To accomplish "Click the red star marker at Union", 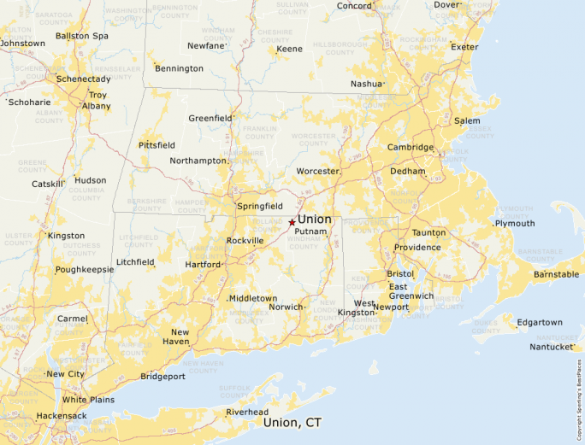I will click(x=292, y=222).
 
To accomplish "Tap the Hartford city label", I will click(x=203, y=265).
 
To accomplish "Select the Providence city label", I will click(x=417, y=248).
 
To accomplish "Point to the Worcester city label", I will click(x=317, y=172).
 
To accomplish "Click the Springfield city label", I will click(x=260, y=207).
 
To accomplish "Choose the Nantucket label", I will click(x=551, y=347).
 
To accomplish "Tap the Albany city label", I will click(x=96, y=106).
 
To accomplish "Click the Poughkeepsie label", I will click(x=84, y=270).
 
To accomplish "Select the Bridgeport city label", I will click(x=162, y=377).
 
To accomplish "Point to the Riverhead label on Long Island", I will click(x=247, y=412).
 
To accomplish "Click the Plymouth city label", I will click(x=515, y=224).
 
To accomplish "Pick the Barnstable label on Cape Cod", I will click(x=556, y=275).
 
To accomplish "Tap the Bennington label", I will click(x=180, y=68).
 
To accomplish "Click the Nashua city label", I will click(x=367, y=84).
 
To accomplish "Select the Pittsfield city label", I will click(x=157, y=146).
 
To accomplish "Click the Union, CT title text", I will click(x=293, y=423).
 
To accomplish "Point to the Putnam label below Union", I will click(x=310, y=232).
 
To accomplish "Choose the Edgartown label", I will click(x=540, y=322).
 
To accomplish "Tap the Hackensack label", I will click(x=62, y=416).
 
